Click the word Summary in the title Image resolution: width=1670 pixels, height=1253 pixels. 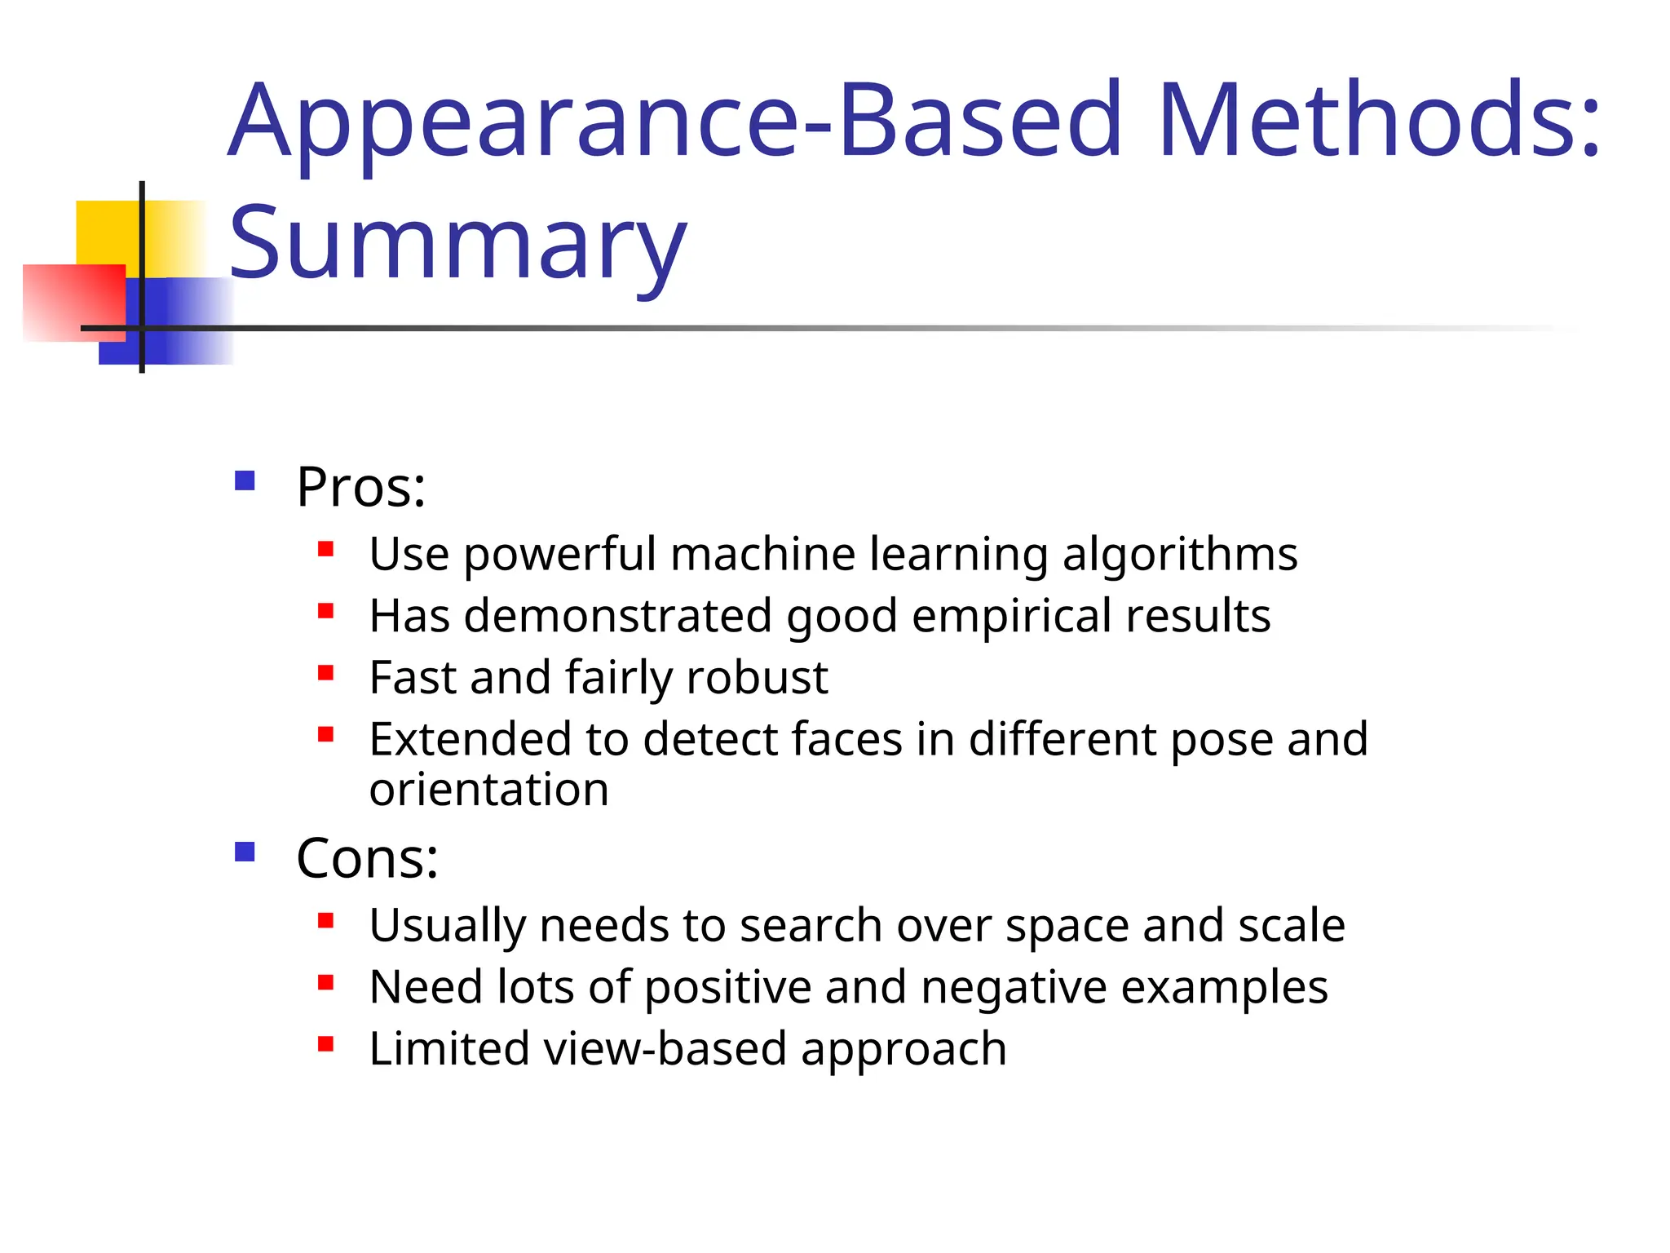(x=458, y=242)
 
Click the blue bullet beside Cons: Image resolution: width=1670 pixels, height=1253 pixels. (x=245, y=852)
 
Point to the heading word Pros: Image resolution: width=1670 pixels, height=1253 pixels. (x=360, y=487)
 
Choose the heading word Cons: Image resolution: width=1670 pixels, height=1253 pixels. (x=367, y=858)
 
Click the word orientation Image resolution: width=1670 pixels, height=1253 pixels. (x=488, y=790)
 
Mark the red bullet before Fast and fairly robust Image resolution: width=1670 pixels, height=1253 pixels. (x=326, y=673)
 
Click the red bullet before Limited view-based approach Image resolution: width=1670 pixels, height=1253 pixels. (x=326, y=1044)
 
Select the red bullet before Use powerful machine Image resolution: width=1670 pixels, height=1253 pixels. (x=326, y=549)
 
